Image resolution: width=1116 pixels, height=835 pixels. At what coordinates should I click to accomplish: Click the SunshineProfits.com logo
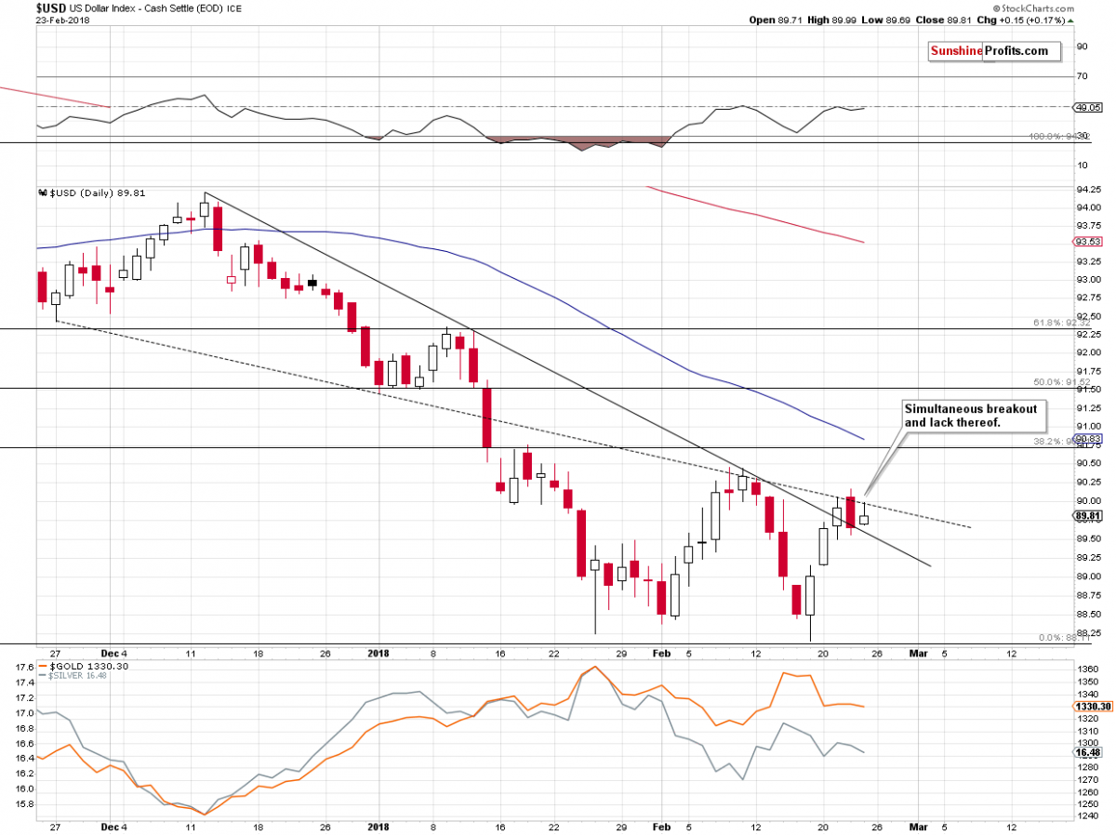pos(994,51)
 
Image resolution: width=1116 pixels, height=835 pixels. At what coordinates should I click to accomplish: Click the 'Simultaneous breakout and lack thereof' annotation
pos(970,415)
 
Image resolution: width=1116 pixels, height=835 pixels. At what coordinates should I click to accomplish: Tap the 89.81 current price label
pos(1087,514)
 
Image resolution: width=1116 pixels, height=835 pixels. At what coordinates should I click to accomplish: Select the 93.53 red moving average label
pos(1087,242)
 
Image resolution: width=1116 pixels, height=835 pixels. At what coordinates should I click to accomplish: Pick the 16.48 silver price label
pos(1087,752)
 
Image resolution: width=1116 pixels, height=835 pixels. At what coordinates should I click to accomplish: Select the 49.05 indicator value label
pos(1087,107)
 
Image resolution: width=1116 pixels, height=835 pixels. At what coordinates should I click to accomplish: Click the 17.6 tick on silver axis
pos(25,668)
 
